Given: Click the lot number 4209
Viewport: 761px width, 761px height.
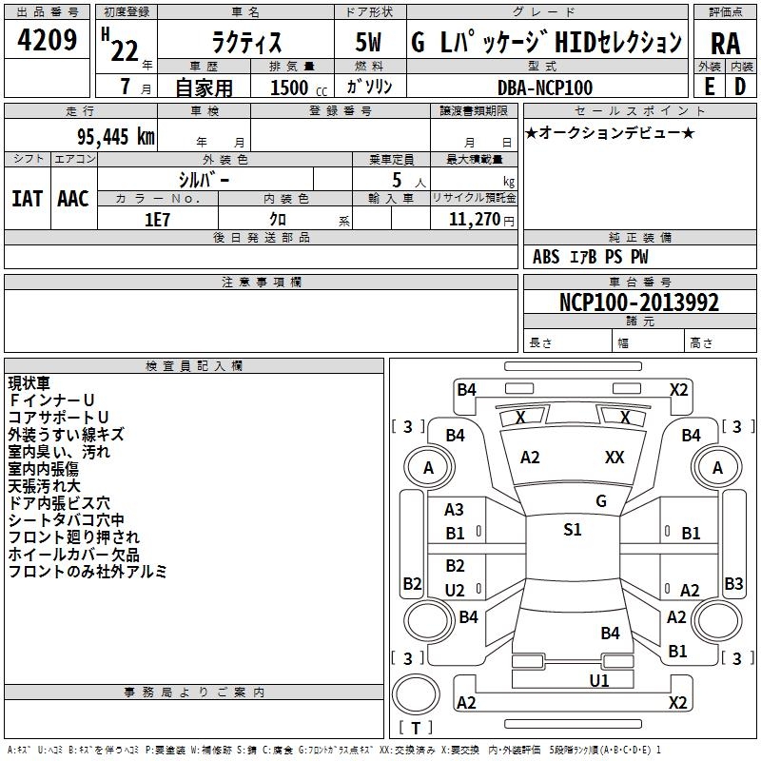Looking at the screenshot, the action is pyautogui.click(x=47, y=40).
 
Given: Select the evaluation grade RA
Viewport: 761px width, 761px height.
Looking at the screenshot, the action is pyautogui.click(x=726, y=44).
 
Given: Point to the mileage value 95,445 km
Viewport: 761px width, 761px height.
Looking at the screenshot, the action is pyautogui.click(x=115, y=137).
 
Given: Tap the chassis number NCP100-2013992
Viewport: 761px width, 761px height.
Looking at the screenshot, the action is pyautogui.click(x=638, y=302).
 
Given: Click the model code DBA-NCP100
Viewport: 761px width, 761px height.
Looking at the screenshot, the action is pyautogui.click(x=544, y=88).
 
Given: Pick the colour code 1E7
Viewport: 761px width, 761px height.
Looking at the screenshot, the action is pyautogui.click(x=157, y=220).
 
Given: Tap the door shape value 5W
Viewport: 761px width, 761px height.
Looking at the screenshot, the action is pyautogui.click(x=368, y=42).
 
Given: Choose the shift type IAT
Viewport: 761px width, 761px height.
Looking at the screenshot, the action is pyautogui.click(x=27, y=199).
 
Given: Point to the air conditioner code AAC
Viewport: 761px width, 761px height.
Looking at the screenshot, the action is pyautogui.click(x=73, y=199).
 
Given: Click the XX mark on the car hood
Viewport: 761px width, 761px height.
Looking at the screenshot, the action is pyautogui.click(x=615, y=458).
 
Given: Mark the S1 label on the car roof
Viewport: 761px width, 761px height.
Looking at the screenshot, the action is pyautogui.click(x=573, y=530).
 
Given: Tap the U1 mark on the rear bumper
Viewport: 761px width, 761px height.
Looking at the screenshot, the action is pyautogui.click(x=599, y=681).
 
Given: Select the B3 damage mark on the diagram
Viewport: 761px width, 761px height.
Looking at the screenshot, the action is pyautogui.click(x=732, y=583).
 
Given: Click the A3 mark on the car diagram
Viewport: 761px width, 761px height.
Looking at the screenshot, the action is pyautogui.click(x=454, y=510).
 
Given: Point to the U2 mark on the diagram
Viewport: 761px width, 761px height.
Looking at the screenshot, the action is pyautogui.click(x=455, y=590).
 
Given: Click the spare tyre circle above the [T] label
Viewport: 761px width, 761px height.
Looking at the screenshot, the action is pyautogui.click(x=416, y=694).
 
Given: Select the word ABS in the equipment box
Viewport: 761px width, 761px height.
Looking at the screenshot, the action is pyautogui.click(x=546, y=257).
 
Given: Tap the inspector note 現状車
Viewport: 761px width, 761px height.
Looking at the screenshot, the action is pyautogui.click(x=29, y=383).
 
